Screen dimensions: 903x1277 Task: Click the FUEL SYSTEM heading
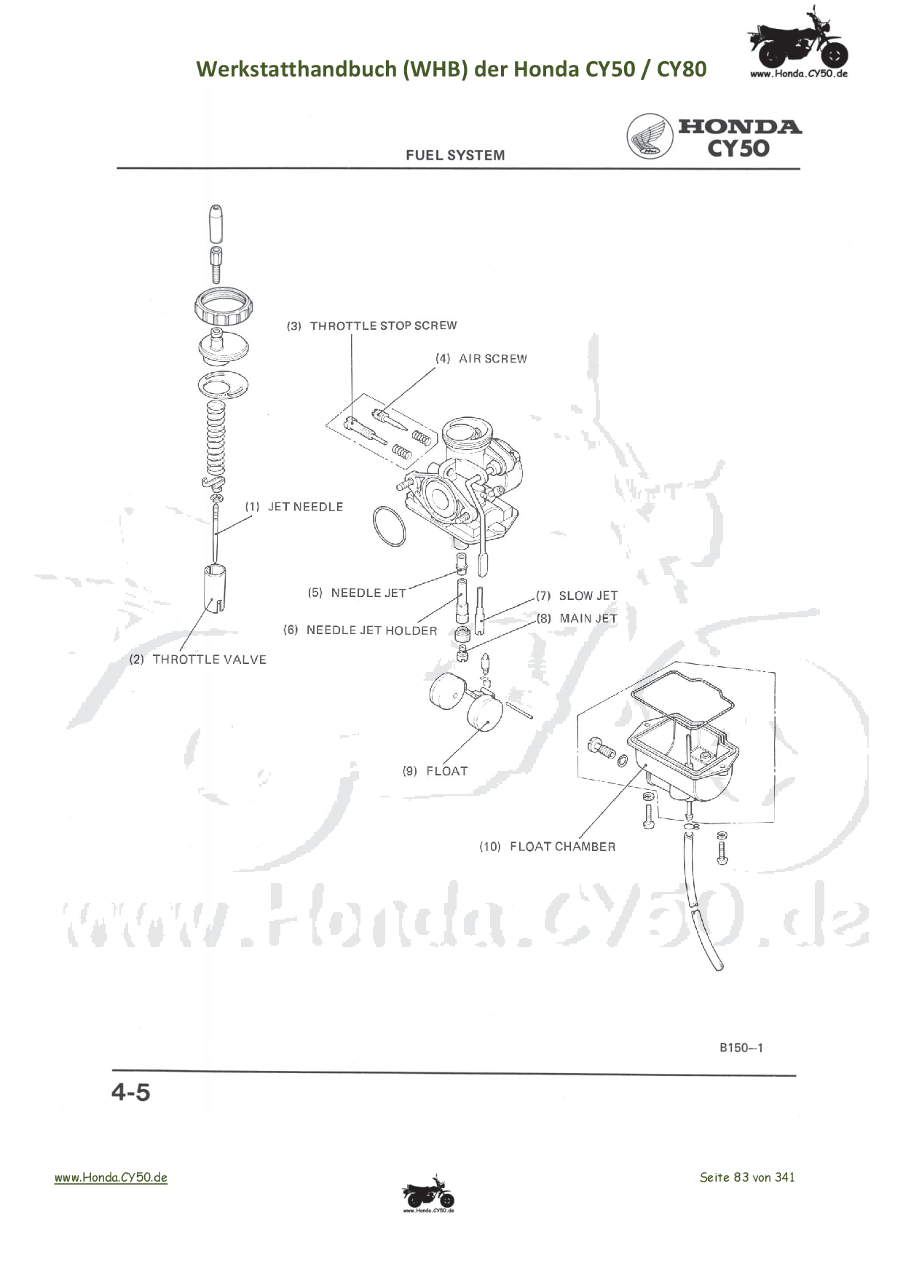[x=455, y=155]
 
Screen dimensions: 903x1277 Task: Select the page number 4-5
[x=131, y=1093]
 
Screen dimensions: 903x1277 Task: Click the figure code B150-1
[x=741, y=1048]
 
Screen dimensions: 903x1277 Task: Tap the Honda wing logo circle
[x=650, y=136]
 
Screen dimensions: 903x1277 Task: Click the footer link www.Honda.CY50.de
[x=111, y=1177]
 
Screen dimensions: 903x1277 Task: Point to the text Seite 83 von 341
[x=747, y=1177]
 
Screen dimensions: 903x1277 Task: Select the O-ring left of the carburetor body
[x=389, y=526]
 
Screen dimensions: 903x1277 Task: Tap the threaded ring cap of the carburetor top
[x=225, y=307]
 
